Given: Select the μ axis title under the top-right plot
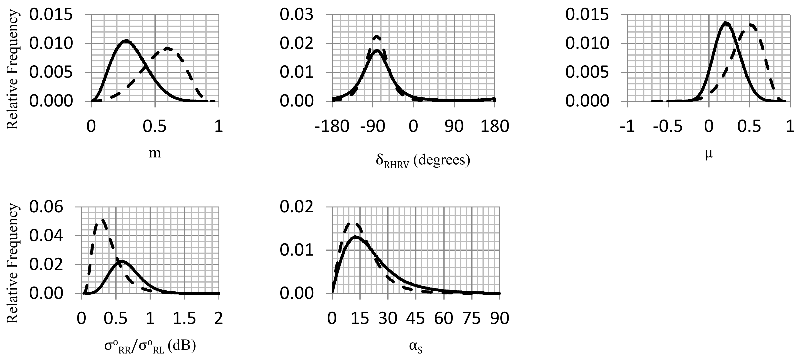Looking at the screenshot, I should (709, 154).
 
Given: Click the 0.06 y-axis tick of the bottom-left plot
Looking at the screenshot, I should (46, 207).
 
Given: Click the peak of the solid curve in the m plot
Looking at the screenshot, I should (125, 40).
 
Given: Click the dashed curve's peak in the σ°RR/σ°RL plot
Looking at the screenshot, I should (102, 220).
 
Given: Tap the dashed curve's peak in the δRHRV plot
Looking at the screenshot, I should (377, 36).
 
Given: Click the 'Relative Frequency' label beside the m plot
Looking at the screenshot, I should (13, 72).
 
